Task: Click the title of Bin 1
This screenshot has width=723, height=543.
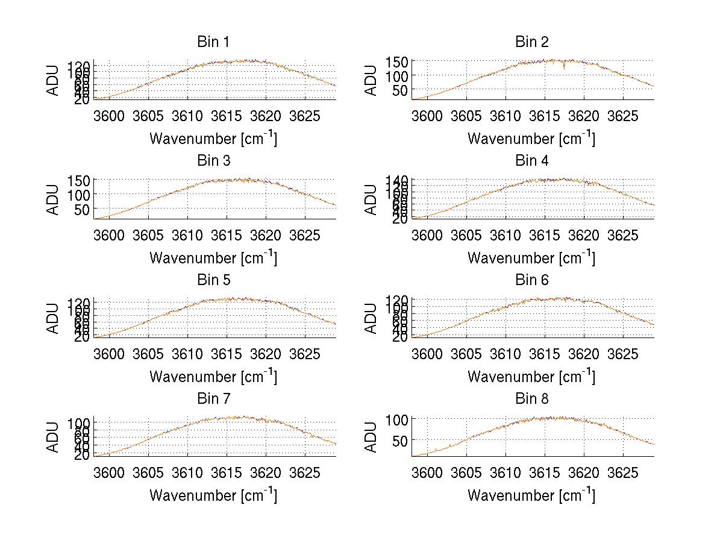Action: click(213, 42)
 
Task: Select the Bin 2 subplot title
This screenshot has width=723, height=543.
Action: click(531, 42)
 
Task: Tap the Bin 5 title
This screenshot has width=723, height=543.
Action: click(213, 280)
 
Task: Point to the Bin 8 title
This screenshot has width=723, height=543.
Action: click(531, 399)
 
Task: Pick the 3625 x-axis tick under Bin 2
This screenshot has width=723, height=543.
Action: click(622, 115)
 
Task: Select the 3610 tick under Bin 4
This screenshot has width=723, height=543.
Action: click(505, 234)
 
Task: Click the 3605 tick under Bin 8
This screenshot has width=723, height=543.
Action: click(467, 472)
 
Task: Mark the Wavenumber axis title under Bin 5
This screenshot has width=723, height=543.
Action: click(213, 377)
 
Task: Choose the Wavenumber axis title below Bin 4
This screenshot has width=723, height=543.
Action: click(531, 258)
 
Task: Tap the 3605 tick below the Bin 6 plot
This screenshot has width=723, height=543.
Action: click(467, 353)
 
